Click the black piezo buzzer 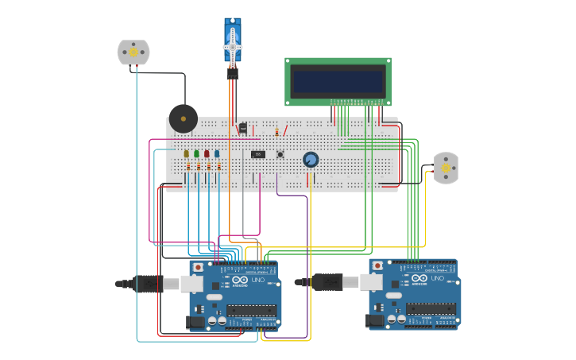[184, 119]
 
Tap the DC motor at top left [133, 52]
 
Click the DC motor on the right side [446, 168]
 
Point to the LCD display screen [338, 80]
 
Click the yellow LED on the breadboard [187, 154]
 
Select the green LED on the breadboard [196, 154]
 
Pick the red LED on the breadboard [207, 154]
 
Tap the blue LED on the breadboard [217, 154]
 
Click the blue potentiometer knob [311, 160]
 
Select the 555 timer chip [258, 154]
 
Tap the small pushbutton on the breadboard [280, 154]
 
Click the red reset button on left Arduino [198, 268]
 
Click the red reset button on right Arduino [377, 265]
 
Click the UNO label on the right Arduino [438, 278]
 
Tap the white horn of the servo [232, 48]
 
